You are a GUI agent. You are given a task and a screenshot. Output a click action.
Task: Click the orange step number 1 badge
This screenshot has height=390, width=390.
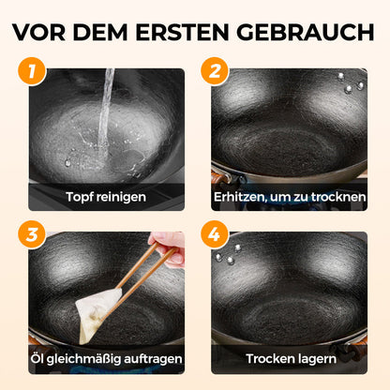34,71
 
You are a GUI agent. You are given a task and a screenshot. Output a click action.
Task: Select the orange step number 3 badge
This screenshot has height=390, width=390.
34,235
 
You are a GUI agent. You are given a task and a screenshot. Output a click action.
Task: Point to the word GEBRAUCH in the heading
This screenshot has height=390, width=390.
302,31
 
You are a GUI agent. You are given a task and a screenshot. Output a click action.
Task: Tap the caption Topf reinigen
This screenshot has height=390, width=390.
106,197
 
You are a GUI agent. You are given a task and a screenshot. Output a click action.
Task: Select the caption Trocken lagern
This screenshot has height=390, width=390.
289,359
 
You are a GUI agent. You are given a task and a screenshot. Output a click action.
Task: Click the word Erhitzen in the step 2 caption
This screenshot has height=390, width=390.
239,197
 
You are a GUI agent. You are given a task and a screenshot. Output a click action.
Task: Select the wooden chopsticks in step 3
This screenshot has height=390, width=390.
141,272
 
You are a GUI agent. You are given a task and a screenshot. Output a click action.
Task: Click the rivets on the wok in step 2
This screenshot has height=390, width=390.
353,87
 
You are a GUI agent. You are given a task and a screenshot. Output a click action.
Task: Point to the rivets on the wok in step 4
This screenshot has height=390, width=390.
225,252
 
